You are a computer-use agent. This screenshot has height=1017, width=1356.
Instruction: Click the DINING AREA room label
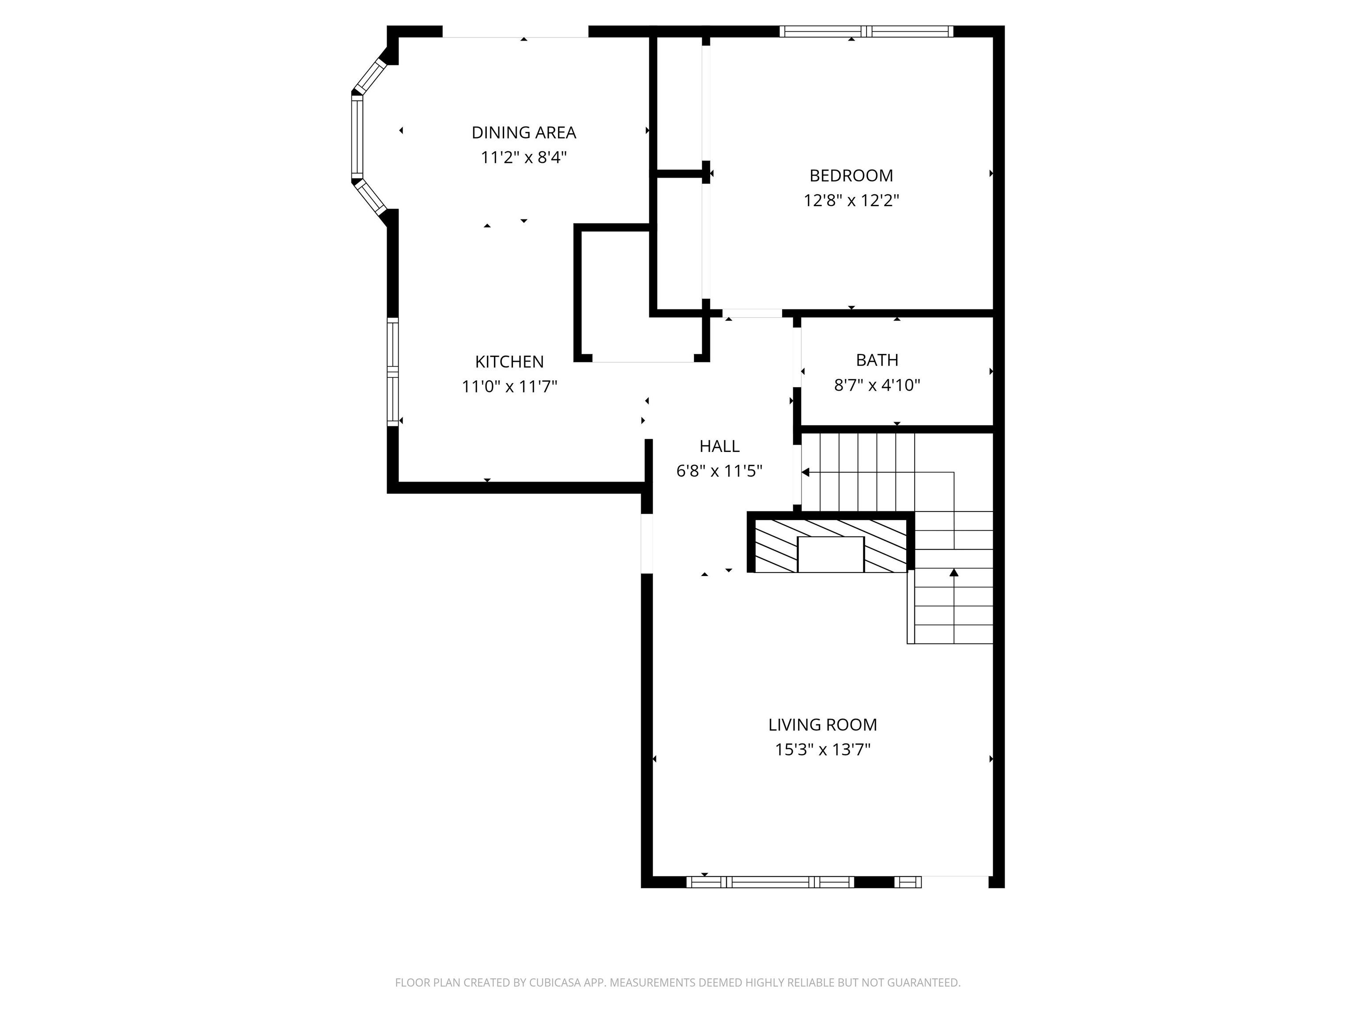click(524, 132)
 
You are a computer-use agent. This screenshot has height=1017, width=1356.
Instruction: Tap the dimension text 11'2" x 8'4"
click(524, 158)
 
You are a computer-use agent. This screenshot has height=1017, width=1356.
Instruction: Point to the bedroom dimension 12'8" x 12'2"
click(851, 200)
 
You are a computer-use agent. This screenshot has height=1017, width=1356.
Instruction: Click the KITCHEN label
click(509, 362)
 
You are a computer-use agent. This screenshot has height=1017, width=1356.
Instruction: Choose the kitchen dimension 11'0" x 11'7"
click(509, 387)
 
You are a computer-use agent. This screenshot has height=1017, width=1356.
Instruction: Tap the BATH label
click(877, 360)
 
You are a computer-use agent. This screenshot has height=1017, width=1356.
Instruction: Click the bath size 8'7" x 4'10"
click(877, 385)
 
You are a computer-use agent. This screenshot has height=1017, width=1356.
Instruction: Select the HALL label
click(719, 446)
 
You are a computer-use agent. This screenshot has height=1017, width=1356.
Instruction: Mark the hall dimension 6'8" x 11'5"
click(719, 471)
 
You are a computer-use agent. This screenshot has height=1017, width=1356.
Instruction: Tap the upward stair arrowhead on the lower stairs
click(954, 573)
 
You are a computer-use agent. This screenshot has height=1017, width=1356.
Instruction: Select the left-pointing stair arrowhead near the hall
click(806, 472)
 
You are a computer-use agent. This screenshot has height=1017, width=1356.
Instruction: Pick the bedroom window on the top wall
click(866, 31)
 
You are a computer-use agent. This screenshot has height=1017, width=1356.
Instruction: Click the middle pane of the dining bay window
click(357, 136)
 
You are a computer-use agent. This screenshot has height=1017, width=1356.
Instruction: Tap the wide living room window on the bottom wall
click(770, 882)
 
